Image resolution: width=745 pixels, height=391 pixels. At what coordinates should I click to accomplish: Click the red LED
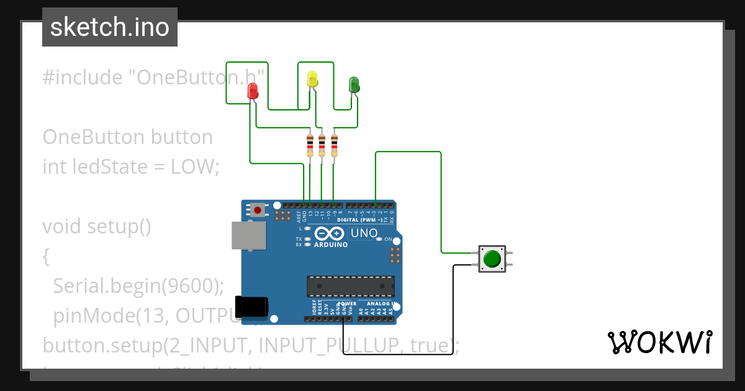point(253,91)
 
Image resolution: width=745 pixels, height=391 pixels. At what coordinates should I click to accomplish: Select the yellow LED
point(312,79)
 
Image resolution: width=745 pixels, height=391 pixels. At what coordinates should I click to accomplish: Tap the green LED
point(354,84)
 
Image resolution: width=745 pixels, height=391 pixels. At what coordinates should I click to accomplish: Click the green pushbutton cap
point(492,258)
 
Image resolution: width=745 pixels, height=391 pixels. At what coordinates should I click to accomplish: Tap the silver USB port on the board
point(248,236)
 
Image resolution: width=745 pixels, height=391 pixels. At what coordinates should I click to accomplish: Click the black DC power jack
point(251,308)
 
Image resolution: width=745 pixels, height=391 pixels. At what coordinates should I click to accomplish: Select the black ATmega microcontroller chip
point(350,285)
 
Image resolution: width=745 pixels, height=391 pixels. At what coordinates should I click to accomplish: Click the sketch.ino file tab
point(110,27)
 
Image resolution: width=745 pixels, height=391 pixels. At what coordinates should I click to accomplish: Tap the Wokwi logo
point(659,342)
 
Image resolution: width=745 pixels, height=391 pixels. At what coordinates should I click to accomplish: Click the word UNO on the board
point(364,233)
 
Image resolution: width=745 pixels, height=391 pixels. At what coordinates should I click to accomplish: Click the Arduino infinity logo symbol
point(329,233)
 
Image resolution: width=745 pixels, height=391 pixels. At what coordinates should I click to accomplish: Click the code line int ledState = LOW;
point(131,167)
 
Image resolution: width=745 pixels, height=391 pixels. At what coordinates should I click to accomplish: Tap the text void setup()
point(97,227)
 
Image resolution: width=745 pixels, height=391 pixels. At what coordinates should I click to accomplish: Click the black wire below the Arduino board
point(397,354)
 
